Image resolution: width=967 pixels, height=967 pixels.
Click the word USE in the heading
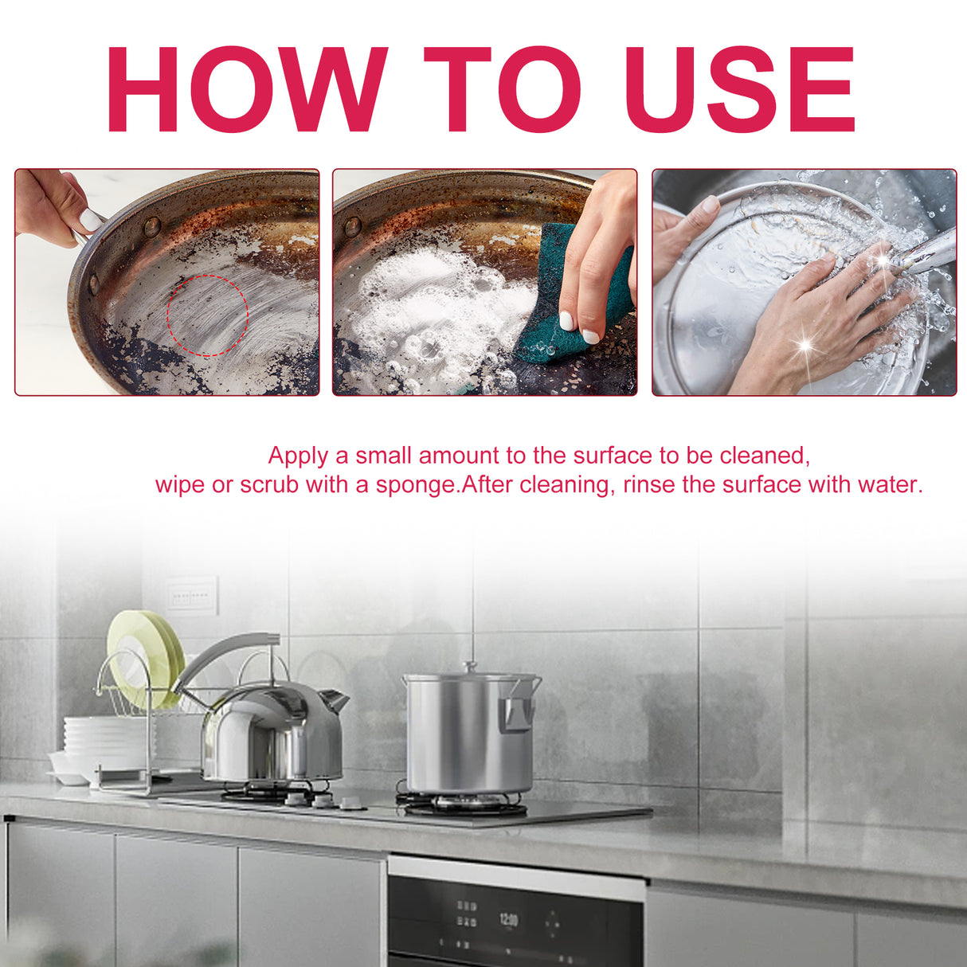tap(740, 89)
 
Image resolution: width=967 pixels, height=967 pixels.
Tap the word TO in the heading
tap(501, 89)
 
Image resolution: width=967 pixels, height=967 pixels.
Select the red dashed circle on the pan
tap(208, 315)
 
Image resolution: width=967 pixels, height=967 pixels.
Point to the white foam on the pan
tap(430, 311)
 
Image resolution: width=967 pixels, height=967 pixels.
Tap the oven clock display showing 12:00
tap(508, 920)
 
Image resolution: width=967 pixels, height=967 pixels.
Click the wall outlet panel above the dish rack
tap(192, 596)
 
